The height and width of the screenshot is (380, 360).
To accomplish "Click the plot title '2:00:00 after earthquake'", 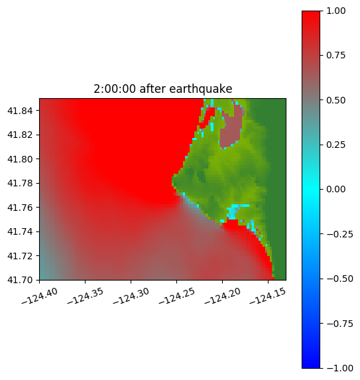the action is pyautogui.click(x=163, y=89).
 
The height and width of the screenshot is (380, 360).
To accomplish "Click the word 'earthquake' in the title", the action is pyautogui.click(x=201, y=89).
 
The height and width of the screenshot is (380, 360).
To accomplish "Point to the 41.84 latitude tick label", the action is pyautogui.click(x=20, y=111).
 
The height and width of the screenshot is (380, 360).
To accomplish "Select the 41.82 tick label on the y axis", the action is pyautogui.click(x=20, y=135).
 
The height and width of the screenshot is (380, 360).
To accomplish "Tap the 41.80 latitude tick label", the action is pyautogui.click(x=20, y=159).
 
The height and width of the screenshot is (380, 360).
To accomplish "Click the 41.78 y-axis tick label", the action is pyautogui.click(x=20, y=183).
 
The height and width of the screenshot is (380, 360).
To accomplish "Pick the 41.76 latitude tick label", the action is pyautogui.click(x=20, y=208).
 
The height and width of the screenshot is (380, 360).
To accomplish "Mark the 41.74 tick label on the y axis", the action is pyautogui.click(x=20, y=231).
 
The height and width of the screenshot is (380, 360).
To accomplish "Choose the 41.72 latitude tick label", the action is pyautogui.click(x=20, y=256).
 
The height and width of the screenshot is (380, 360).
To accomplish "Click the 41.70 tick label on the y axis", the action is pyautogui.click(x=20, y=280).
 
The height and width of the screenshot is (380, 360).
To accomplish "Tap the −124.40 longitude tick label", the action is pyautogui.click(x=40, y=296).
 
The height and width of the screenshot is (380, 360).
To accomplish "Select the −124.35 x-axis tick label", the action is pyautogui.click(x=86, y=296).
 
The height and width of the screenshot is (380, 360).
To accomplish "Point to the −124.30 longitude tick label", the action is pyautogui.click(x=131, y=296).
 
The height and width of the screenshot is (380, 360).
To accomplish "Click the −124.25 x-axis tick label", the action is pyautogui.click(x=176, y=296).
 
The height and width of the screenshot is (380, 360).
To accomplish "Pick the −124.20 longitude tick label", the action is pyautogui.click(x=222, y=296).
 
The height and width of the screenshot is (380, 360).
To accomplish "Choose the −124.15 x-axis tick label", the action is pyautogui.click(x=267, y=296).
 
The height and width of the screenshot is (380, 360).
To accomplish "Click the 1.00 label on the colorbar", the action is pyautogui.click(x=335, y=11).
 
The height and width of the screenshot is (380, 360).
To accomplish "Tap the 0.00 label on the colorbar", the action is pyautogui.click(x=335, y=189).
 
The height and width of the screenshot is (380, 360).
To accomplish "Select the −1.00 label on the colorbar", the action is pyautogui.click(x=339, y=368).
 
